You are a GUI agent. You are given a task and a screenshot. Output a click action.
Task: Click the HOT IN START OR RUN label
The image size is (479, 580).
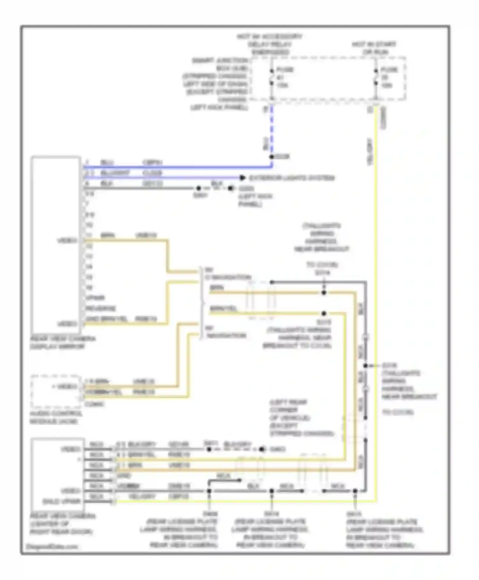[x=374, y=48]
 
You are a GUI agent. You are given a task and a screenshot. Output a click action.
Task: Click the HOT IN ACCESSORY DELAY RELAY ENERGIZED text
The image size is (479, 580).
[x=270, y=44]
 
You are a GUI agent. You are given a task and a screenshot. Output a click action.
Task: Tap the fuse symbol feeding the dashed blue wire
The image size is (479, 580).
[x=272, y=77]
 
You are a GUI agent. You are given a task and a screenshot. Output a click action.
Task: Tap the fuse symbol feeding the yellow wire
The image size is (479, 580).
[x=376, y=77]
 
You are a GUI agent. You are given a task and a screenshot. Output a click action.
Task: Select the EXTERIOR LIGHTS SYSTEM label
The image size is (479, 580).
[x=292, y=178]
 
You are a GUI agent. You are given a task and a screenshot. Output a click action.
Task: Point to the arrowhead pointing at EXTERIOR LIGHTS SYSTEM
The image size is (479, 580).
[x=243, y=178]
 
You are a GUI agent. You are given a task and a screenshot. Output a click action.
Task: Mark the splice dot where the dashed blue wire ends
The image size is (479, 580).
[x=272, y=157]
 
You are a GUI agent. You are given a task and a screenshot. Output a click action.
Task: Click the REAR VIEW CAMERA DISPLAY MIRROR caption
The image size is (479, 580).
[x=63, y=343]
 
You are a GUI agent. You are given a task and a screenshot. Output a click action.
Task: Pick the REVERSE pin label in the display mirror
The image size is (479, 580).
[x=101, y=309]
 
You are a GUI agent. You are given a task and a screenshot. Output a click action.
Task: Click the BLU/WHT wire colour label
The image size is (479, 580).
[x=115, y=173]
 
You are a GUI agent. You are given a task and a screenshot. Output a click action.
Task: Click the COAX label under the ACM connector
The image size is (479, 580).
[x=94, y=404]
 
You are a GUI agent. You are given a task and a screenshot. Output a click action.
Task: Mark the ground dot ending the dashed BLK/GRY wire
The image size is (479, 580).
[x=262, y=450]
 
